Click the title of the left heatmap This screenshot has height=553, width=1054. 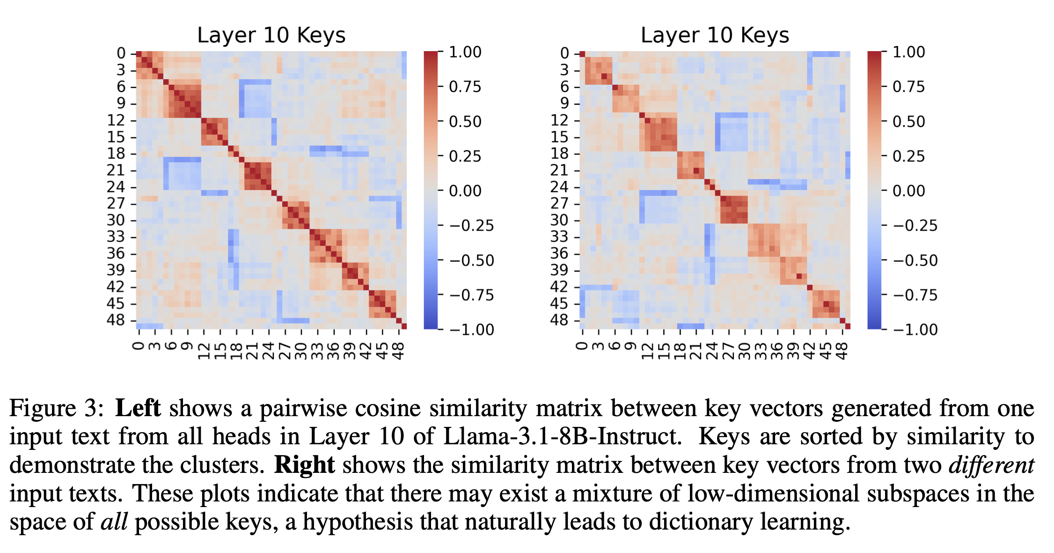coord(271,36)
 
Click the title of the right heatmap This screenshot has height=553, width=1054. coord(715,36)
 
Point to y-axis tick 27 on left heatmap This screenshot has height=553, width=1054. coord(116,203)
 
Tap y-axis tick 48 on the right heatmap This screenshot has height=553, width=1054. coord(559,320)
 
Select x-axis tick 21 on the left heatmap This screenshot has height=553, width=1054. coord(253,350)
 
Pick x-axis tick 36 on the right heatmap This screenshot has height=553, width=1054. coord(777,350)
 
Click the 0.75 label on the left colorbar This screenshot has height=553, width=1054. coord(465,87)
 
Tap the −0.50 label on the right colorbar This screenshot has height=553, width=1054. coord(915,261)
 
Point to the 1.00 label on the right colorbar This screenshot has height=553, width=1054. coord(908,52)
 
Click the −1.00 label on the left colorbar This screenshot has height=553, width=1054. coord(472,329)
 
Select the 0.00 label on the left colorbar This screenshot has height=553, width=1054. coord(465,191)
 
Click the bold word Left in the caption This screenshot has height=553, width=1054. coord(138,408)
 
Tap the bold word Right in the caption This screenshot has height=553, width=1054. coord(304,465)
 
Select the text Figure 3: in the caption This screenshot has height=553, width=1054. coord(56,408)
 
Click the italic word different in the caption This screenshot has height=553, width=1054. coord(991,465)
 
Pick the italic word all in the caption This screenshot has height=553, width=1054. coord(114,522)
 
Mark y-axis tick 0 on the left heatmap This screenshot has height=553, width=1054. coord(121,53)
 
